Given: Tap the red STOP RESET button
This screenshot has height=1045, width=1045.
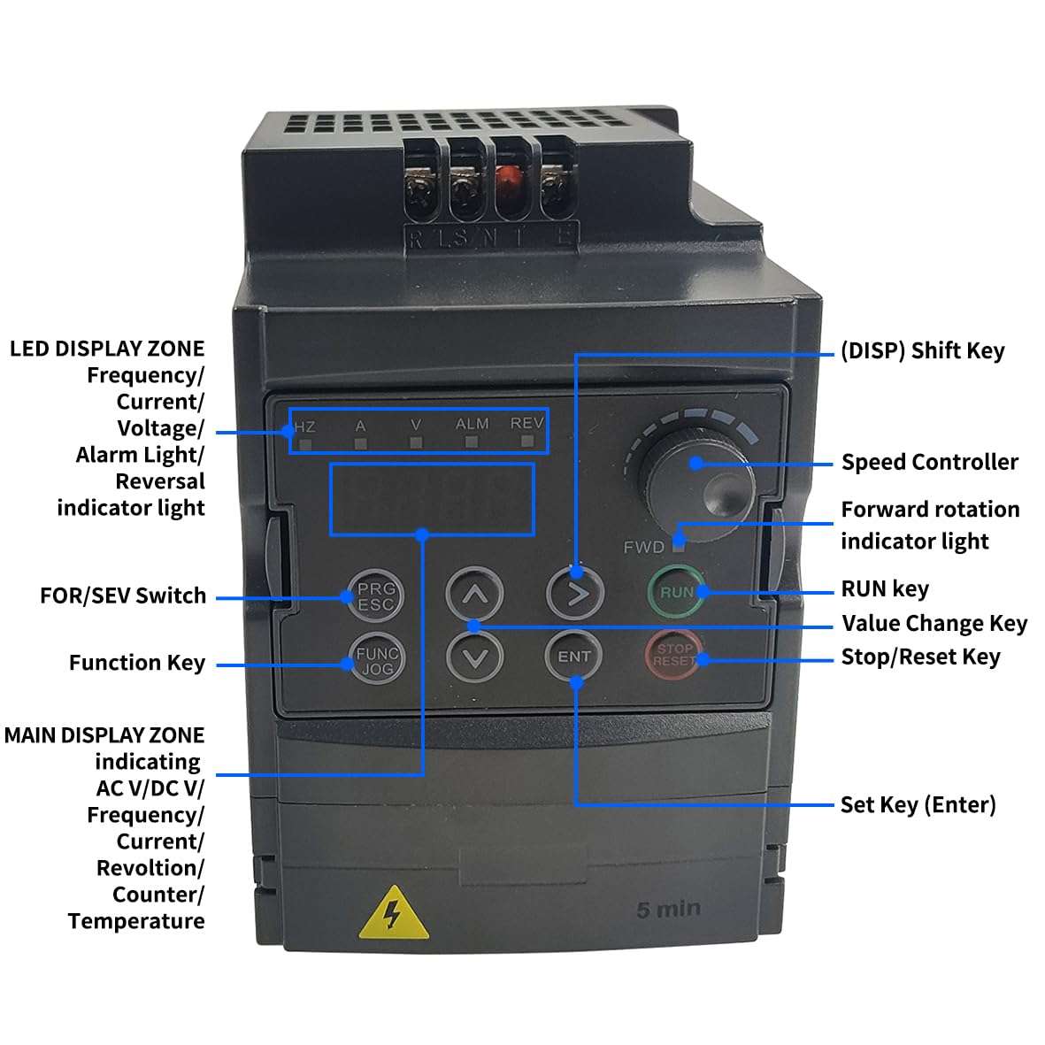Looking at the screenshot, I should [674, 656].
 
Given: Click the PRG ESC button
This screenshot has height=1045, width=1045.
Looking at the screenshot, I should [376, 595].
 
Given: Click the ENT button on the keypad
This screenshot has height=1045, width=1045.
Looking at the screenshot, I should [573, 657].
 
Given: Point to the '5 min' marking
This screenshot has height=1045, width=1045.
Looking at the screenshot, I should [668, 909].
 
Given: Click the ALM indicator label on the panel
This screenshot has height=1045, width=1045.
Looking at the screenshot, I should [472, 425].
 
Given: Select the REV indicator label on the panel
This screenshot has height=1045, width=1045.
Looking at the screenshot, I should [526, 424].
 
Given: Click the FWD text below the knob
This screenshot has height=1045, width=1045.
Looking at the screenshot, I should [643, 547].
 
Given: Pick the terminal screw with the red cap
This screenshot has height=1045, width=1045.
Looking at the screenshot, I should [506, 185].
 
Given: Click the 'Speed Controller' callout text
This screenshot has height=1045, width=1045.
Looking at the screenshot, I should [929, 462].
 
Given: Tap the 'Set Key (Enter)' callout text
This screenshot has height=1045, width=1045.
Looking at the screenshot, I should [918, 804].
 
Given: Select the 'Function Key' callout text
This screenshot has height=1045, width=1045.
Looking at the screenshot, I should [137, 663].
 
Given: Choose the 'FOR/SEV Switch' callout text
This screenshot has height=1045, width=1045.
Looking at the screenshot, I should [123, 595].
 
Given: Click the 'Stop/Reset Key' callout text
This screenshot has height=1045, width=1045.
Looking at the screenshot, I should [920, 657].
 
